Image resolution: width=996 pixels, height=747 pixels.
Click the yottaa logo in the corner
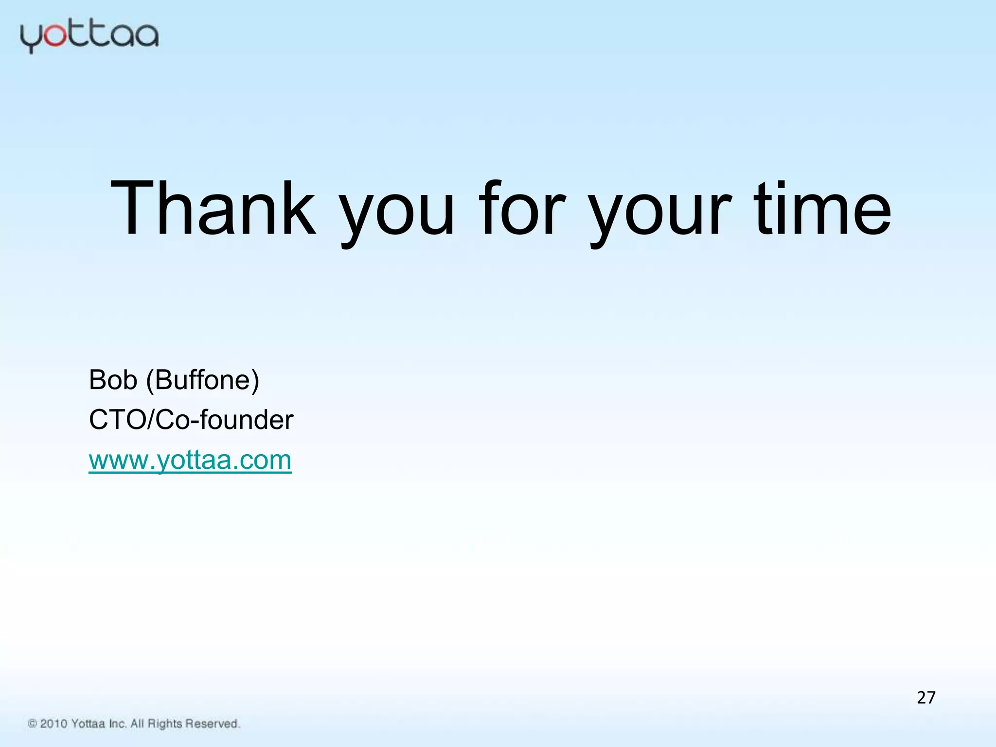89,36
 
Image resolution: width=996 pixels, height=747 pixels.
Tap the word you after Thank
396,214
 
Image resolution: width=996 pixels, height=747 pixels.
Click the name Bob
113,380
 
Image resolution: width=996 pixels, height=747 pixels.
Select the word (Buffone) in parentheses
203,380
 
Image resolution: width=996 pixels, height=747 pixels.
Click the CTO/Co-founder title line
191,420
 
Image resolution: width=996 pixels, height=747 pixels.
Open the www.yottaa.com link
190,460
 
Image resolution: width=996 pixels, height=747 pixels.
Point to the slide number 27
926,698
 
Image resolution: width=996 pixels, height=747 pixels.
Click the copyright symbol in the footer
33,724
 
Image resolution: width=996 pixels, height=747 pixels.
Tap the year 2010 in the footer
53,724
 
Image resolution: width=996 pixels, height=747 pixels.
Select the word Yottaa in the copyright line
88,724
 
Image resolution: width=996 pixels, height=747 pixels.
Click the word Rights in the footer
164,724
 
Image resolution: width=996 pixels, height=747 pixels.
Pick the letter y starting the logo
30,39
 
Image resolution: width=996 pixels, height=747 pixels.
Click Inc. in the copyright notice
118,724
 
